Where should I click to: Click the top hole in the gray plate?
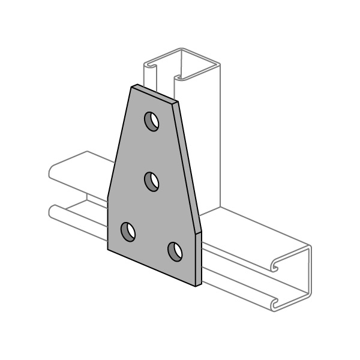tap(152, 121)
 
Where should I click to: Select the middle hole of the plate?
tap(152, 181)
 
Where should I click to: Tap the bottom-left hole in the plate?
tap(128, 231)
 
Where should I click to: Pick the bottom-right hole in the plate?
tap(175, 251)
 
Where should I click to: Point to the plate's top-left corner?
tap(132, 86)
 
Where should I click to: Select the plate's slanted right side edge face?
tap(189, 165)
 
